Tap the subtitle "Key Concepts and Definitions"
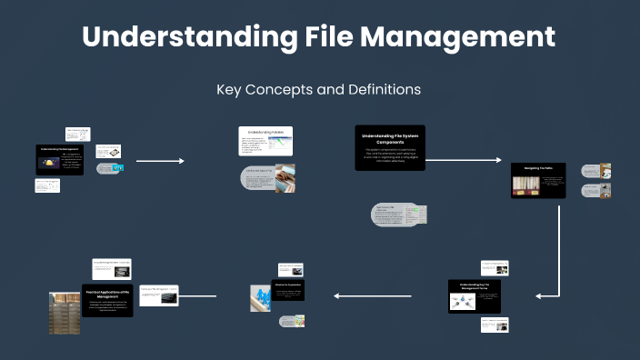tap(319, 90)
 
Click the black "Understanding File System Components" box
tap(390, 147)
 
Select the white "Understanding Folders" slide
tap(265, 143)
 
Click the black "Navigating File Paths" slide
tap(538, 180)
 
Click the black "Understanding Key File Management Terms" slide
tap(475, 297)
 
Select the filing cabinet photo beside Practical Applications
tap(64, 312)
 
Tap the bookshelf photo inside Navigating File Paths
tap(528, 185)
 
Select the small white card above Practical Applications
tap(110, 269)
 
